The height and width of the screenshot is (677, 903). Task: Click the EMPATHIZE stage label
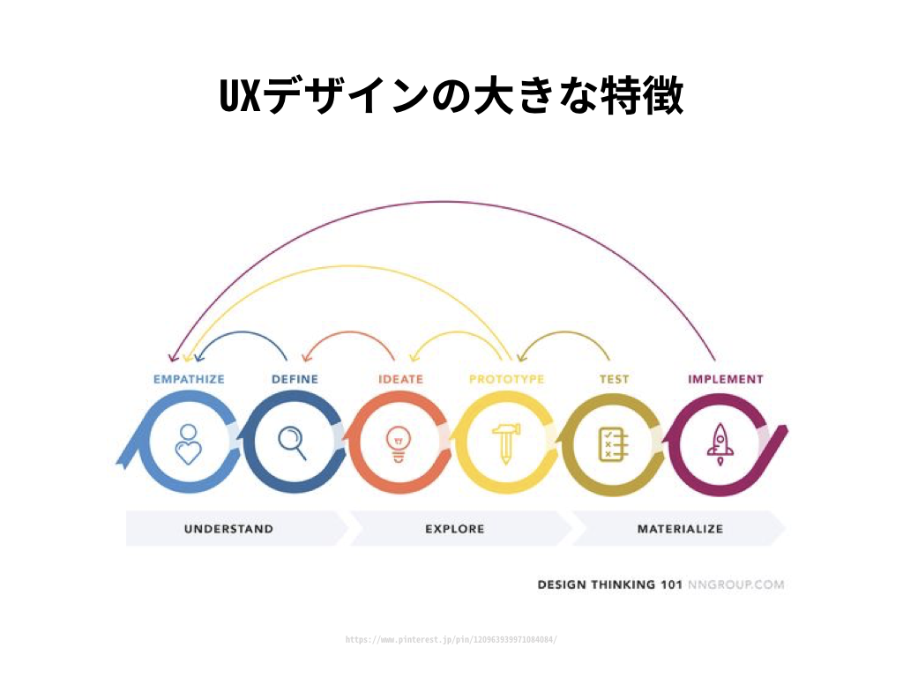[189, 379]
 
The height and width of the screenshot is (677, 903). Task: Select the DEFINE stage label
[295, 379]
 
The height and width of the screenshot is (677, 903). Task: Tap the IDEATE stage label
[400, 379]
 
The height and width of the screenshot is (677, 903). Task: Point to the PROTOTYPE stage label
[506, 379]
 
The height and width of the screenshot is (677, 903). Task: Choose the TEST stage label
[615, 379]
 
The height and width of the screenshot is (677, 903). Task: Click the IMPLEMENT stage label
[725, 379]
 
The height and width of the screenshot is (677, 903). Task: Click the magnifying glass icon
[292, 443]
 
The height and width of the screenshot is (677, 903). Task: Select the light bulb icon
[399, 444]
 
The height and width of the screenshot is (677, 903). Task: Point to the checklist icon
[612, 443]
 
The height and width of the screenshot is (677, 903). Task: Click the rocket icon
[720, 443]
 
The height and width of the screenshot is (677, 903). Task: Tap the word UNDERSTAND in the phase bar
[228, 529]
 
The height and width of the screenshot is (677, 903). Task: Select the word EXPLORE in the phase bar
[454, 529]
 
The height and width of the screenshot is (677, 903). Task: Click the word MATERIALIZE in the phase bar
[680, 529]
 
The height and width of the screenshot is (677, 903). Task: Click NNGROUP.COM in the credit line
[735, 584]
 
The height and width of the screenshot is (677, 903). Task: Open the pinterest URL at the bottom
[451, 639]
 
